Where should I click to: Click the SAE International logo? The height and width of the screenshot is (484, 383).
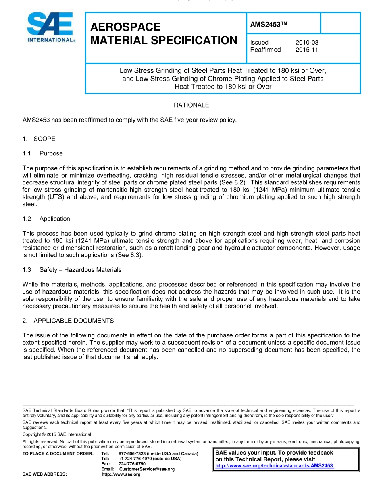click(50, 27)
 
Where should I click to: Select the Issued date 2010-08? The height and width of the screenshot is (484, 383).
click(307, 42)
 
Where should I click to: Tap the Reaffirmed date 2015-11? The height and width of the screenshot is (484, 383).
click(307, 50)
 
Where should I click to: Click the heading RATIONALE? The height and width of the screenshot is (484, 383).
click(191, 105)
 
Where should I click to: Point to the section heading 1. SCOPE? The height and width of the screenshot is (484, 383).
click(39, 139)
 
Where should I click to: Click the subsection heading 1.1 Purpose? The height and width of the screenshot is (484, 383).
click(43, 153)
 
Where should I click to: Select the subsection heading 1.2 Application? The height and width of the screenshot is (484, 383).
click(46, 219)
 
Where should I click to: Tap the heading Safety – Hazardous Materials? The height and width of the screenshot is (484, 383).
click(80, 270)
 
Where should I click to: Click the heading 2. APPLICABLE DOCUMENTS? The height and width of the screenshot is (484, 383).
click(68, 321)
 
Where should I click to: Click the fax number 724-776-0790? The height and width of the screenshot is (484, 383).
click(132, 464)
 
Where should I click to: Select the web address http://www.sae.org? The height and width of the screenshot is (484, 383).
click(121, 474)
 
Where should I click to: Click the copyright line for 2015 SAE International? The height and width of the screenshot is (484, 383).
click(57, 434)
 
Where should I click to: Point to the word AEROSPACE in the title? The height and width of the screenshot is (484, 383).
click(125, 27)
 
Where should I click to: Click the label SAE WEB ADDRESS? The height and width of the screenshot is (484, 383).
click(45, 474)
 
